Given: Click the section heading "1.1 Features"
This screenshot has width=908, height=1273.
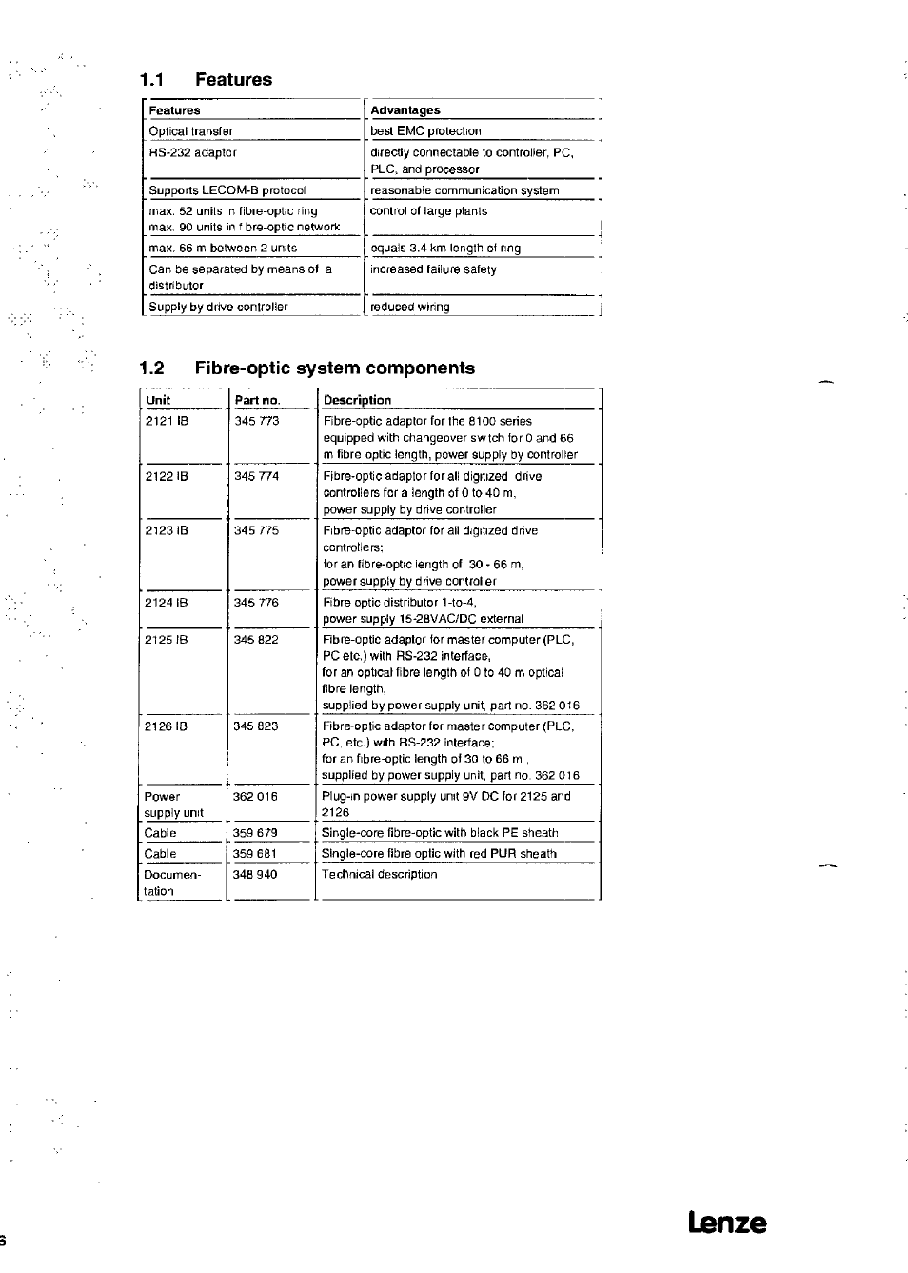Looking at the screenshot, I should click(x=206, y=80).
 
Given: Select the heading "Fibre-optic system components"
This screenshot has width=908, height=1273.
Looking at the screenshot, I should click(x=334, y=368).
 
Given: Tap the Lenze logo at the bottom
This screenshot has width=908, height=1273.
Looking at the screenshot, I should click(x=726, y=1223).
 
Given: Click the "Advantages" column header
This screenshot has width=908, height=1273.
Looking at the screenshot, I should click(x=405, y=110).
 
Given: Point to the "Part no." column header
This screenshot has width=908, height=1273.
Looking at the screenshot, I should click(x=257, y=400).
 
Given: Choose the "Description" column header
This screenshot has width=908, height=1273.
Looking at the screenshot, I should click(x=357, y=400).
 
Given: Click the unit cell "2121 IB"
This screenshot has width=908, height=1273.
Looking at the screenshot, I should click(x=167, y=421).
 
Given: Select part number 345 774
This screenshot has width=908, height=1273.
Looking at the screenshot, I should click(x=257, y=476).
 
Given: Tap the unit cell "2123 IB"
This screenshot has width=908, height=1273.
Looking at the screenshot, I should click(x=167, y=530).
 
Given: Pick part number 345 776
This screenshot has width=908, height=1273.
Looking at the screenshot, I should click(x=256, y=602).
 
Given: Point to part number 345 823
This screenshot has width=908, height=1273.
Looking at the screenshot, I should click(x=255, y=726).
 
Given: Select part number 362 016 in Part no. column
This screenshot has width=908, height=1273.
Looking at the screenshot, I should click(x=255, y=797).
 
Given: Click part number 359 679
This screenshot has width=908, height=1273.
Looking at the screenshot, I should click(x=255, y=833).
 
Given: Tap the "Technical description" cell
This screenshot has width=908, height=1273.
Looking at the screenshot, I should click(x=380, y=875).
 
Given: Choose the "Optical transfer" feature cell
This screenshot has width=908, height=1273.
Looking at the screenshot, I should click(x=190, y=131).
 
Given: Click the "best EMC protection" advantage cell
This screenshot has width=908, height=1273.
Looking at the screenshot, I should click(x=425, y=131).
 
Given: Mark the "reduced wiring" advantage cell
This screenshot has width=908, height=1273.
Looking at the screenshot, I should click(x=410, y=308).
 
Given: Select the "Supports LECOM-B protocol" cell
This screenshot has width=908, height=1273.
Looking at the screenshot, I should click(x=227, y=190).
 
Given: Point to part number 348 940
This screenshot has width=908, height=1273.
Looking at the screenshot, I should click(x=255, y=875).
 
